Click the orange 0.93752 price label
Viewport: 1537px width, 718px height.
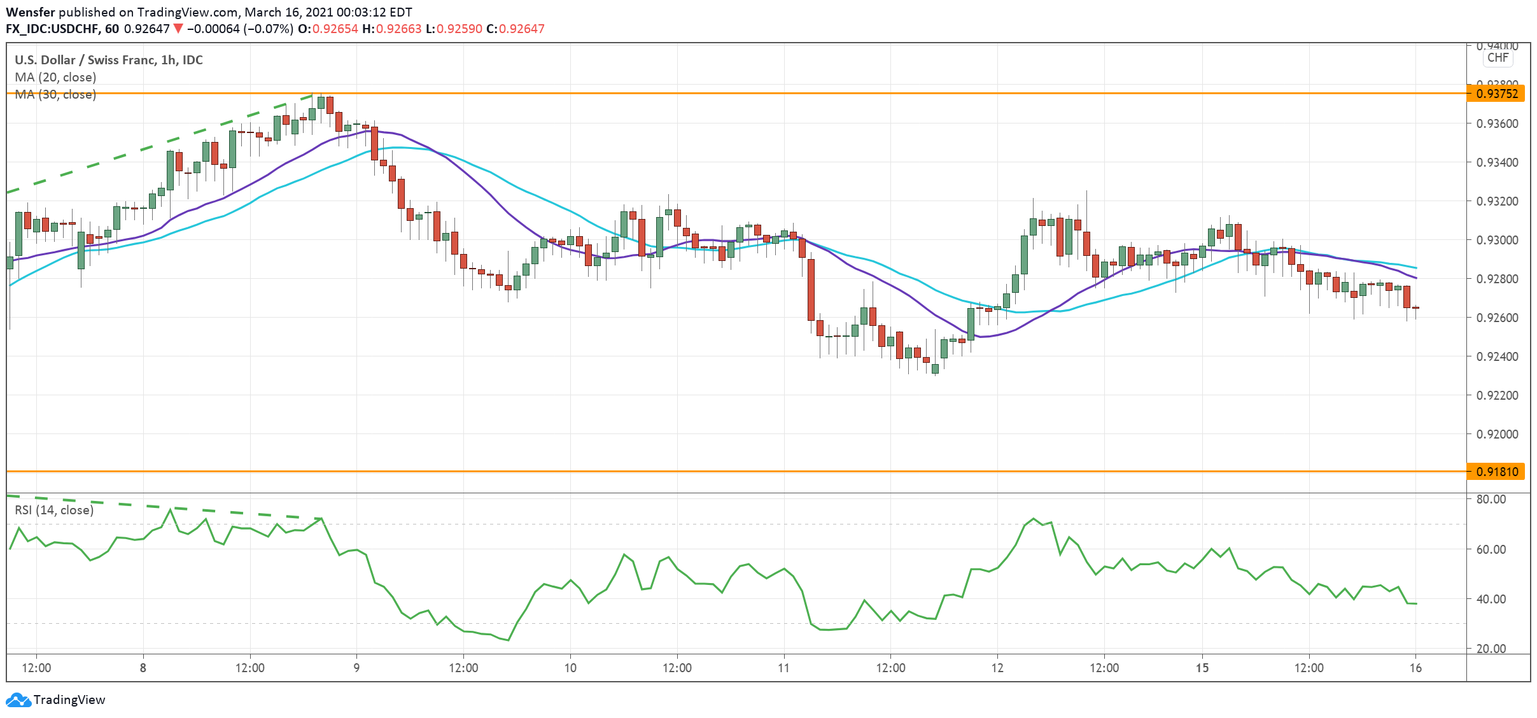pos(1496,94)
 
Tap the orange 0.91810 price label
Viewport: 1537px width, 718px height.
pos(1496,472)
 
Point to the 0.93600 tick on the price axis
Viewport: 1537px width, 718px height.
pos(1497,123)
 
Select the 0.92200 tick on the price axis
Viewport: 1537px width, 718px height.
pos(1497,395)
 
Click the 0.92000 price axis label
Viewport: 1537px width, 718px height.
pos(1497,434)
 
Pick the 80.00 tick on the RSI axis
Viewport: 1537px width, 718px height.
pos(1491,499)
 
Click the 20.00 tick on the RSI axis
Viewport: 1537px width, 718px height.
pos(1491,649)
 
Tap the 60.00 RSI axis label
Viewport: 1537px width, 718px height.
pos(1491,549)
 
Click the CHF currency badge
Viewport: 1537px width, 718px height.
pos(1498,58)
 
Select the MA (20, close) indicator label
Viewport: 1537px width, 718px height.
pos(55,77)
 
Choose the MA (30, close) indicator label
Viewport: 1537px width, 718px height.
pos(55,95)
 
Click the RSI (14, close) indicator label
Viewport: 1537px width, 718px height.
pos(54,510)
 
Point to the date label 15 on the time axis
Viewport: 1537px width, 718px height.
pos(1202,668)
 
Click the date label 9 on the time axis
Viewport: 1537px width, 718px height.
pos(356,668)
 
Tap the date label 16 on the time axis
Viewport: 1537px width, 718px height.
pos(1415,668)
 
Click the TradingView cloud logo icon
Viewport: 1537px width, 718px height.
pos(18,700)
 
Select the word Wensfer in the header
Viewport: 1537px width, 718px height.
pos(31,12)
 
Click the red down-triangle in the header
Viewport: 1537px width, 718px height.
pos(178,29)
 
